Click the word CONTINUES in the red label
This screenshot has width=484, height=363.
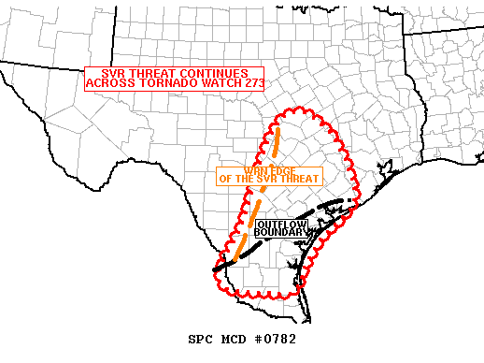click(213, 73)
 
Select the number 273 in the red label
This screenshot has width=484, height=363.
click(247, 82)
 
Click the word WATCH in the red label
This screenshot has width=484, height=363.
click(211, 82)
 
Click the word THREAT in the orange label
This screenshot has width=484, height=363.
click(299, 179)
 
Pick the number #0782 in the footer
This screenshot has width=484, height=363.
click(273, 338)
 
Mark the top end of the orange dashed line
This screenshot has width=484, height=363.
click(278, 128)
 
